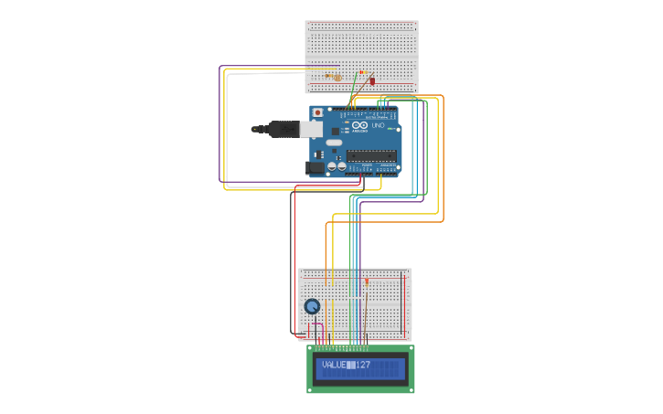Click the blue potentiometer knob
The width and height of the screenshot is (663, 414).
(312, 307)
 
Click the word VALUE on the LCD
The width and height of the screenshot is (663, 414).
(334, 366)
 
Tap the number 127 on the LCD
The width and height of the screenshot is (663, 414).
(364, 366)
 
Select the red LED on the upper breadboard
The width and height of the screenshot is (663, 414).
(372, 81)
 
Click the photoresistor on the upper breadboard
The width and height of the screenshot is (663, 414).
(337, 78)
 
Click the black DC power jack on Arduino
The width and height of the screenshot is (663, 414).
(315, 167)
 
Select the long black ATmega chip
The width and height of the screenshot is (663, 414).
(371, 154)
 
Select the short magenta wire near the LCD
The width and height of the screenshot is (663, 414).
(316, 325)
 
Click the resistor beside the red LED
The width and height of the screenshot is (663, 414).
(363, 72)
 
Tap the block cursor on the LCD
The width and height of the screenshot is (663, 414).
(351, 366)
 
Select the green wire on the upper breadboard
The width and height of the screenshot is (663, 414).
(356, 90)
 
